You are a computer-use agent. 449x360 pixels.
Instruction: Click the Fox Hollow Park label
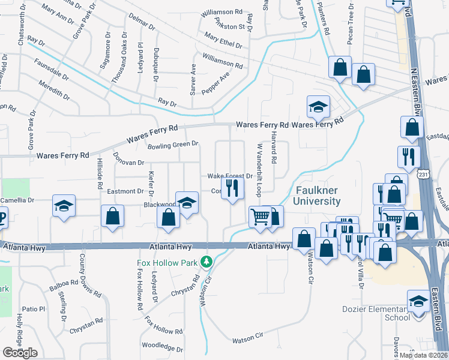point(169,262)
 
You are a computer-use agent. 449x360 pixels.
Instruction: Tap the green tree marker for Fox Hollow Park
point(206,262)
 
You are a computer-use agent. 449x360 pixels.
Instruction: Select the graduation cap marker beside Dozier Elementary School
point(418,300)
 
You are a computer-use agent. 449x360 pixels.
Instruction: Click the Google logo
point(20,353)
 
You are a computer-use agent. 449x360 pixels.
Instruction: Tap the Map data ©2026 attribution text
point(424,355)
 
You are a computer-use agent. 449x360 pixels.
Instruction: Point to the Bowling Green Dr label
point(173,145)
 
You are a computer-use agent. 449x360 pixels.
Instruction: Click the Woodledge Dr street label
point(162,347)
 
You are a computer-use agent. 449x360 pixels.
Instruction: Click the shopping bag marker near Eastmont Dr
point(112,217)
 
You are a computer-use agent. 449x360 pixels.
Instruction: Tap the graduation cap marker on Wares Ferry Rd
point(318,107)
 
